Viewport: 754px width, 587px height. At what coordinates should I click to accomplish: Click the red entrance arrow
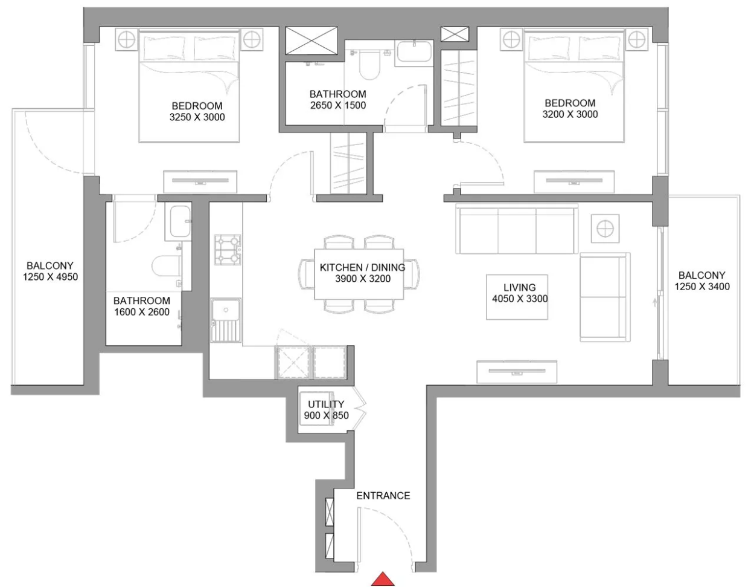tap(383, 579)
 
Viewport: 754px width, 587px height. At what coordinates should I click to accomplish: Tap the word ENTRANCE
tap(383, 496)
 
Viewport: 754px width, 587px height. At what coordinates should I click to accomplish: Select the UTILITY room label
tap(326, 404)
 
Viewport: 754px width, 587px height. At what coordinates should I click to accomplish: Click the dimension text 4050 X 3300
tap(520, 299)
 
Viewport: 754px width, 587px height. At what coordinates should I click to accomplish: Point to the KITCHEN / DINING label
tap(362, 267)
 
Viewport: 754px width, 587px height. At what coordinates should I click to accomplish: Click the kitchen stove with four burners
tap(228, 250)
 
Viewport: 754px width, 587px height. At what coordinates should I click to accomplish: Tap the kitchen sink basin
tap(226, 310)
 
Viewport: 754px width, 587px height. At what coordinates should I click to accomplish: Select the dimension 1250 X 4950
tap(50, 277)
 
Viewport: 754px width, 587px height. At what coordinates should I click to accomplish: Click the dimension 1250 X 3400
tap(702, 287)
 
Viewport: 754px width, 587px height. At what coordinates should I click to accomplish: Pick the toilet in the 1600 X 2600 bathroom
tap(167, 266)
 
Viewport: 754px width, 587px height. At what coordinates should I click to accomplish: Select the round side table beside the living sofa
tap(605, 229)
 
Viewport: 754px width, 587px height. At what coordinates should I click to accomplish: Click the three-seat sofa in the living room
tap(516, 229)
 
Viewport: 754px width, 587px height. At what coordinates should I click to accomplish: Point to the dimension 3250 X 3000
tap(197, 117)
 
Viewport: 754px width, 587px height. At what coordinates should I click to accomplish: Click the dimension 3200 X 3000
tap(570, 114)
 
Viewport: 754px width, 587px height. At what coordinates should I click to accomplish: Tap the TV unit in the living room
tap(517, 372)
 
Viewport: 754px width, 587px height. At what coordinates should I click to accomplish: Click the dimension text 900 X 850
tap(326, 415)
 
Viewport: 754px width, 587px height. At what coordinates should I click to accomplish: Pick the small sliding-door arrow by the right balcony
tap(655, 302)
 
